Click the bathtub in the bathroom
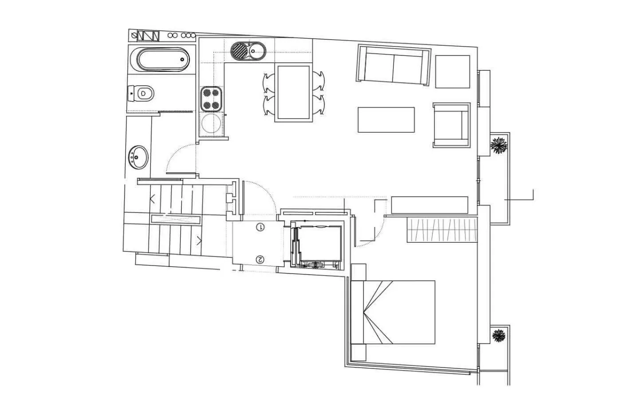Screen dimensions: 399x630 click(162, 59)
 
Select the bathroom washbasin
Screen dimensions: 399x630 click(138, 157)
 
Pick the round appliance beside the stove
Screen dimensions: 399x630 click(211, 125)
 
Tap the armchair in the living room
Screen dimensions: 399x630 click(451, 125)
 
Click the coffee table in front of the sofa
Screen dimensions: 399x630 click(386, 120)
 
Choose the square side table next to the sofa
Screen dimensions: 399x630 click(452, 71)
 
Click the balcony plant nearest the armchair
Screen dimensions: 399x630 click(499, 145)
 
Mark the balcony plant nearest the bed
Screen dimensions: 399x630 click(499, 336)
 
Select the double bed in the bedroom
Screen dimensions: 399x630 click(393, 312)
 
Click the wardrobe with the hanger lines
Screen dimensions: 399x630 click(442, 230)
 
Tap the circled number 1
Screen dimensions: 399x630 click(260, 227)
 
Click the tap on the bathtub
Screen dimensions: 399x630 click(182, 59)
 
